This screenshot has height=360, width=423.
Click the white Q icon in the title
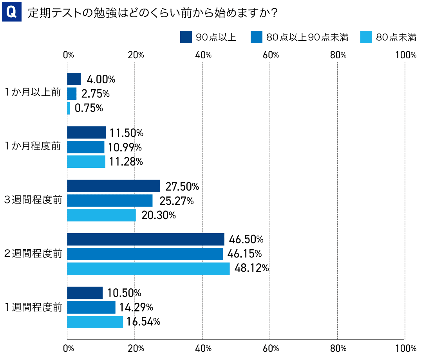click(x=11, y=12)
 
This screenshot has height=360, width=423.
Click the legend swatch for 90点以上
click(x=186, y=37)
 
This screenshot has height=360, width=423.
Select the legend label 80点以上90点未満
click(x=307, y=38)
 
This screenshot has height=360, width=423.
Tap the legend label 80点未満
click(x=396, y=38)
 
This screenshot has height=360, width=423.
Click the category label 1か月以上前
click(x=33, y=93)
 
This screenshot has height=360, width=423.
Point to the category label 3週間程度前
click(x=33, y=200)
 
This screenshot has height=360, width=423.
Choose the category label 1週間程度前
click(x=33, y=307)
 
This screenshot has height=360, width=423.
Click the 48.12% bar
click(x=148, y=268)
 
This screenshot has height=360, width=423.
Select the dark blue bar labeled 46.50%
click(x=146, y=239)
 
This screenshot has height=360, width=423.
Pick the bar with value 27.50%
click(x=114, y=186)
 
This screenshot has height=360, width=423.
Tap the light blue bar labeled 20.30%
click(x=101, y=215)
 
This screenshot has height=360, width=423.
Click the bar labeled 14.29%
click(x=91, y=308)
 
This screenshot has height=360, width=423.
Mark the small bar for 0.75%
click(x=69, y=108)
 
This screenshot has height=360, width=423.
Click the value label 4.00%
click(x=101, y=79)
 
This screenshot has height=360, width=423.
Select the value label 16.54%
click(x=144, y=322)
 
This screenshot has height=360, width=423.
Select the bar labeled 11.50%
click(x=87, y=133)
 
